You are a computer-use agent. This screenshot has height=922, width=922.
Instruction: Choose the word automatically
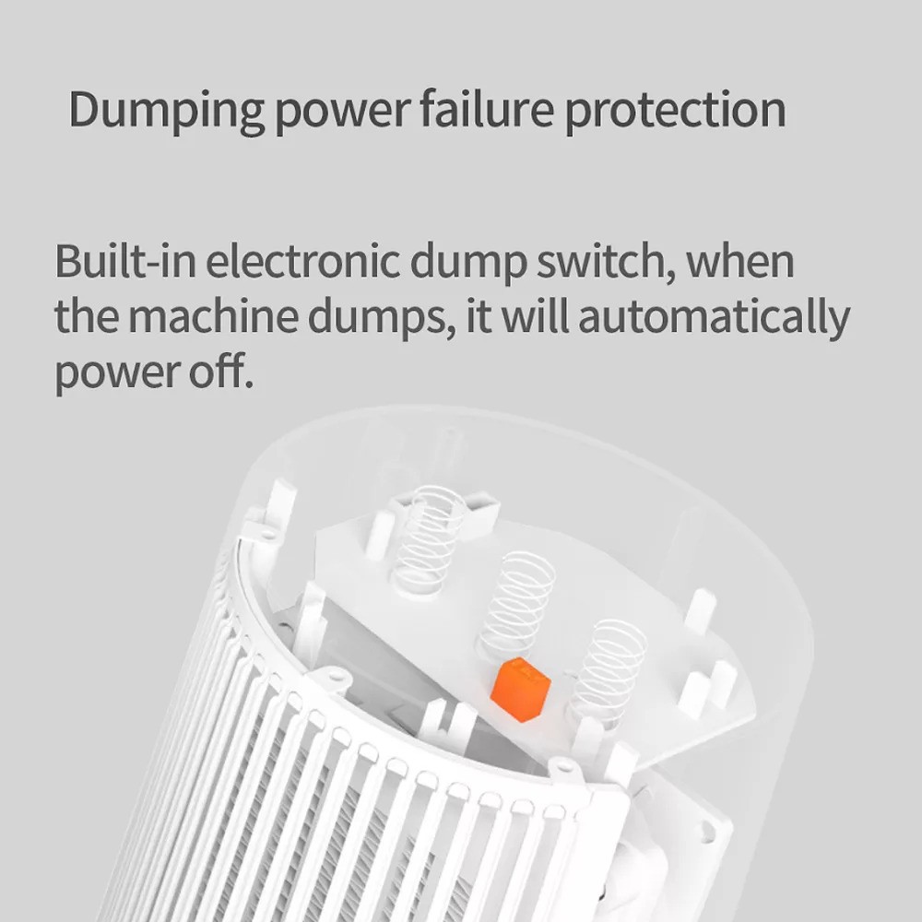tap(714, 318)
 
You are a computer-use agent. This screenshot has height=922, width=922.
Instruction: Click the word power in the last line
tap(119, 373)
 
